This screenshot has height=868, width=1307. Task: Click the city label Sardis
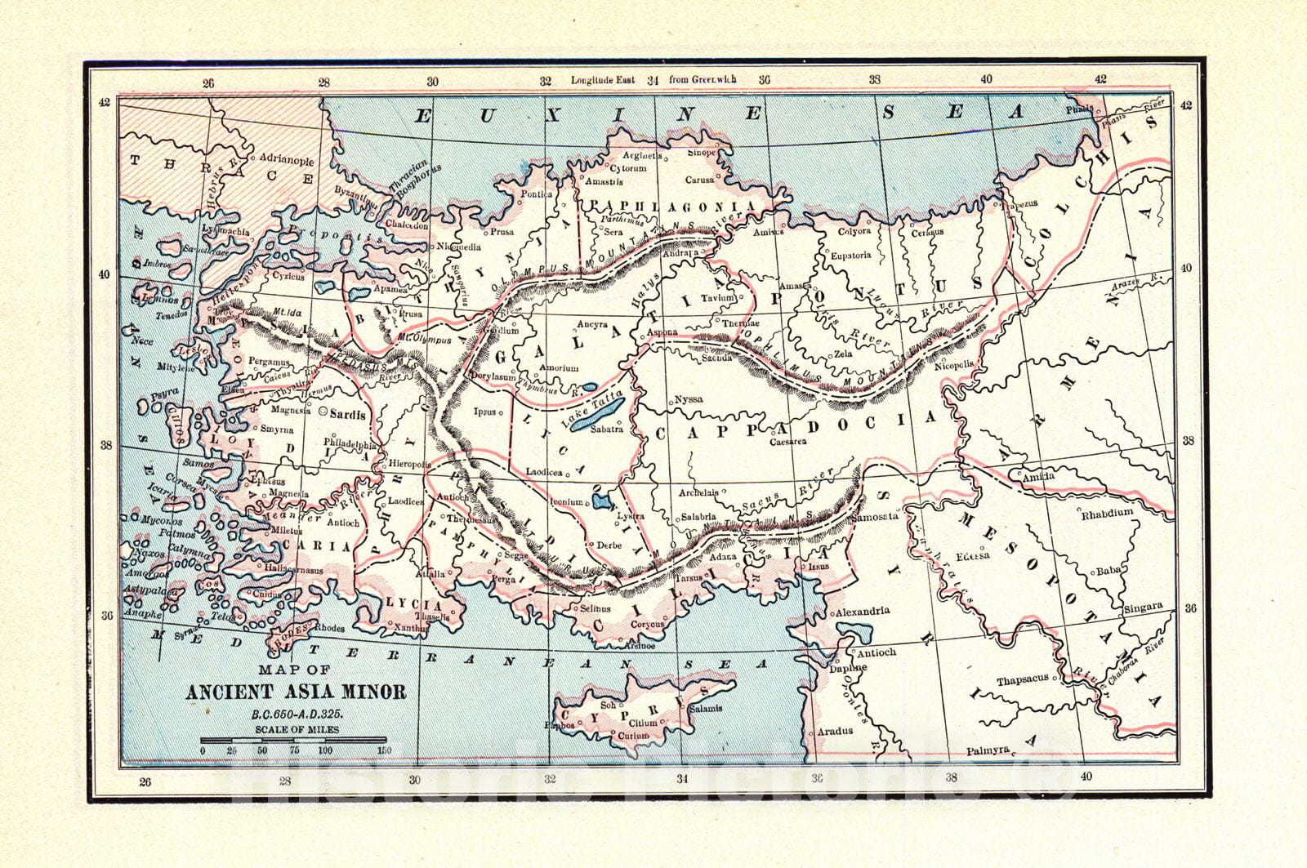pos(347,414)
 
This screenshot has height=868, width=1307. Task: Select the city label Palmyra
pos(988,750)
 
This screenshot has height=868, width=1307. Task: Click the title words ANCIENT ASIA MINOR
pos(296,692)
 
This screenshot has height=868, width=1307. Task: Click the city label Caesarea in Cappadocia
pos(787,442)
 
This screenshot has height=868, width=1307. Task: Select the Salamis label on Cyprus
pos(705,709)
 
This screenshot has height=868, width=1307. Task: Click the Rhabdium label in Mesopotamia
pos(1107,513)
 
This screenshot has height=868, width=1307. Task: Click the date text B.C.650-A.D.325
pos(296,714)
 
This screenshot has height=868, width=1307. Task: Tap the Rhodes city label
pos(329,628)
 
